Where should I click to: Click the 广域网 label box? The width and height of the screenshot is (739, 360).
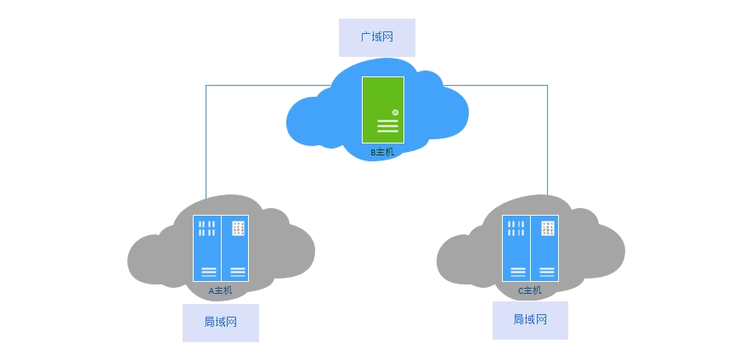pyautogui.click(x=377, y=37)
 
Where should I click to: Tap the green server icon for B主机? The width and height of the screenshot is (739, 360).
pyautogui.click(x=383, y=110)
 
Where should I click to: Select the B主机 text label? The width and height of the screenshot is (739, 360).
pyautogui.click(x=381, y=152)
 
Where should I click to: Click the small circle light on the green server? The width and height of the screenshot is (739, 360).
pyautogui.click(x=396, y=113)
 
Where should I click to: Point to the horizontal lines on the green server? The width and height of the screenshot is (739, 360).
pyautogui.click(x=388, y=126)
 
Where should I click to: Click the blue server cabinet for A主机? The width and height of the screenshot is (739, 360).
pyautogui.click(x=221, y=248)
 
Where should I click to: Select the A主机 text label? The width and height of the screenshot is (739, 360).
pyautogui.click(x=221, y=290)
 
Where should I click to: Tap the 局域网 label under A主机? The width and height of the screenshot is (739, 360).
pyautogui.click(x=221, y=323)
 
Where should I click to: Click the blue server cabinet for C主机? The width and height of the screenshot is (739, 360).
pyautogui.click(x=530, y=248)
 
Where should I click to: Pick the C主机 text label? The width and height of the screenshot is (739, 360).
pyautogui.click(x=530, y=290)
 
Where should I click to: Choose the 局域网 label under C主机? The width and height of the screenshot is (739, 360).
pyautogui.click(x=530, y=320)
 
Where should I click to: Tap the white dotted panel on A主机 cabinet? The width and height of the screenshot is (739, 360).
pyautogui.click(x=238, y=228)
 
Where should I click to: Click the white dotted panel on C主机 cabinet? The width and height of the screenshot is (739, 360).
pyautogui.click(x=548, y=228)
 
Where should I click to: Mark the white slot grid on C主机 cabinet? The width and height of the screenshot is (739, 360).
pyautogui.click(x=516, y=228)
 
